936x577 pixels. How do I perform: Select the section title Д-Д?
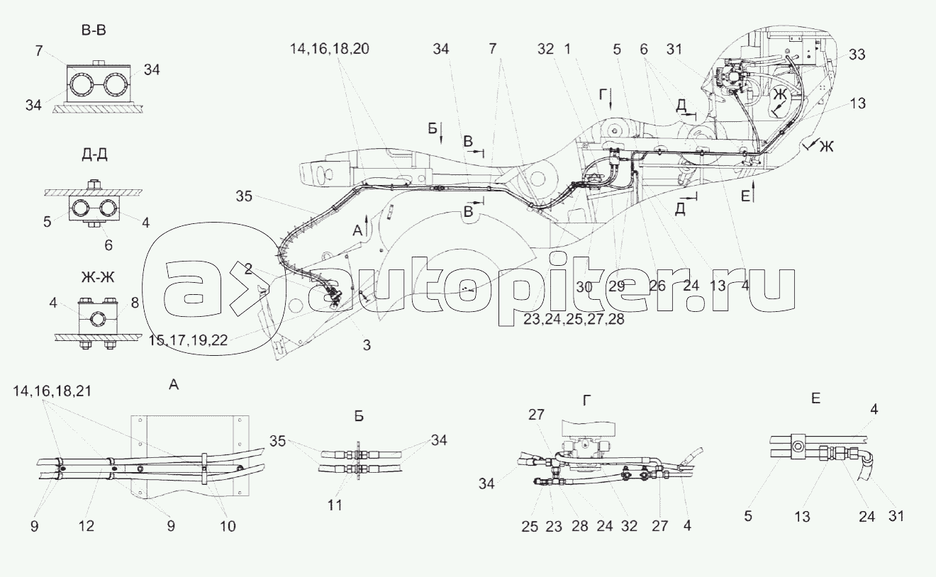(94, 154)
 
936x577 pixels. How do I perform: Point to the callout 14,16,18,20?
(329, 49)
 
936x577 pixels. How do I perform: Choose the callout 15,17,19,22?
(188, 339)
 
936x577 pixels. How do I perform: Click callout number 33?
(857, 55)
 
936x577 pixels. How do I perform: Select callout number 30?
(584, 287)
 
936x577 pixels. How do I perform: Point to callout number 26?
(657, 287)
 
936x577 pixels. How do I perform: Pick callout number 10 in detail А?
(228, 527)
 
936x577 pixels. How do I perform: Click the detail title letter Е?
(816, 399)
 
